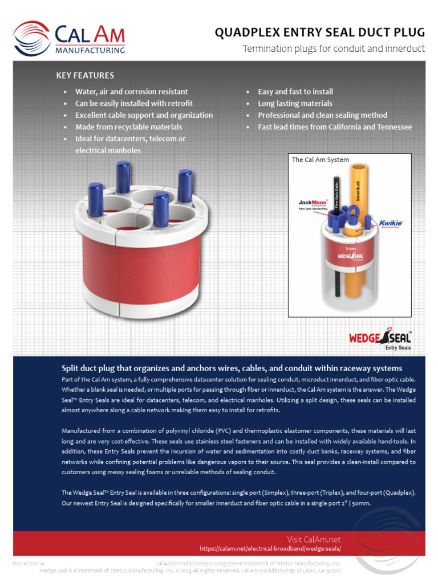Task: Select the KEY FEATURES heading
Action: (x=85, y=75)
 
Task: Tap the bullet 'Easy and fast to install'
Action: (x=295, y=92)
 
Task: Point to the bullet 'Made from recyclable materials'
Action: (x=129, y=127)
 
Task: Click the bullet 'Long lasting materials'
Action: (x=295, y=104)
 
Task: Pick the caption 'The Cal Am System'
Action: (x=321, y=160)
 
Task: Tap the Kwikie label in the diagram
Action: (x=391, y=223)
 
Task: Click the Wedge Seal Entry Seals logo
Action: (x=380, y=339)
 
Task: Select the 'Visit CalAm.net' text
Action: (x=314, y=539)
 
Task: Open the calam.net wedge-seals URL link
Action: (x=270, y=549)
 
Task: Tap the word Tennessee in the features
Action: (x=390, y=127)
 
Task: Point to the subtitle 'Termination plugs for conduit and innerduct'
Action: (x=334, y=49)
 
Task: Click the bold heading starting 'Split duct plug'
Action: (x=232, y=368)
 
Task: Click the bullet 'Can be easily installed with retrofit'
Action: (x=134, y=104)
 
